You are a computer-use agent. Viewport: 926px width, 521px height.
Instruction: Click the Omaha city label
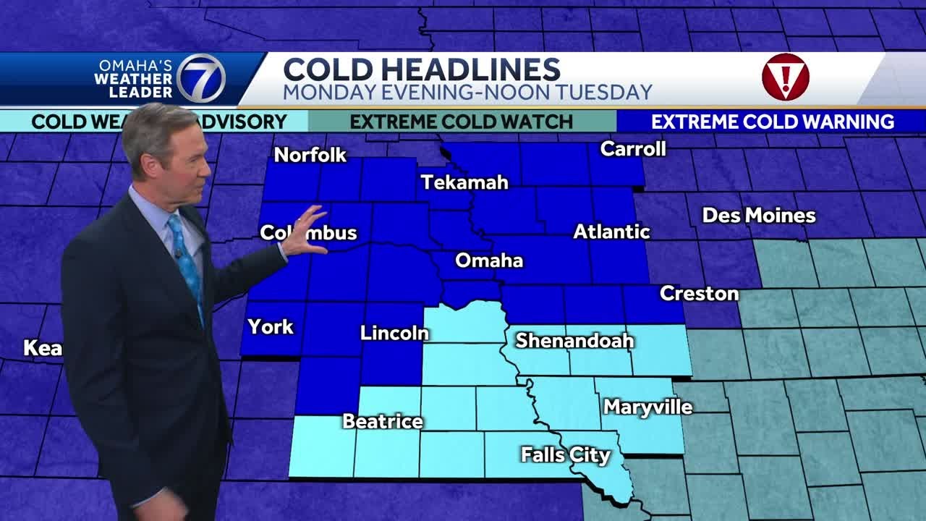coord(488,260)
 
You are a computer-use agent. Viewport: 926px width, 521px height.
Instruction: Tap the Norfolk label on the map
coord(310,155)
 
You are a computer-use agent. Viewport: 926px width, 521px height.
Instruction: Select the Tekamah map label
coord(464,182)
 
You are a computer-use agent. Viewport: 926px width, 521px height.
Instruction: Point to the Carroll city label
coord(633,149)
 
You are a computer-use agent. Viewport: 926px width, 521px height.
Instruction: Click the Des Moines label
coord(759,216)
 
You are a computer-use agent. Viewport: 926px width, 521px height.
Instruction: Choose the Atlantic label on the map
coord(611,232)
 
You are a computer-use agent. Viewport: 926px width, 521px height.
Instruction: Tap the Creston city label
coord(699,294)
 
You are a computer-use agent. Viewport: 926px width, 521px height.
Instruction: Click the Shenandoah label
coord(574,341)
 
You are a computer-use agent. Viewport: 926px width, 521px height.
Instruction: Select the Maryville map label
coord(648,407)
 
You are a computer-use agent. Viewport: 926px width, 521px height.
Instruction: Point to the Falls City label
coord(566,455)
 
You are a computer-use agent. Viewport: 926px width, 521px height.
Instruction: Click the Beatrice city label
coord(383,421)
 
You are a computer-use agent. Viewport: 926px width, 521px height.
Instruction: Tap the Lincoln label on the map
coord(394,334)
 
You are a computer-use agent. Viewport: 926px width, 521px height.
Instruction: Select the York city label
coord(271,327)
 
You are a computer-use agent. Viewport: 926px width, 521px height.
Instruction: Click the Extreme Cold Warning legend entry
coord(773,122)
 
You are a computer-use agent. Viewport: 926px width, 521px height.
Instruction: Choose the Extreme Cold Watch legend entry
coord(462,122)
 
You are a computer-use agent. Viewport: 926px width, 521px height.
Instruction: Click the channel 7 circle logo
coord(201,78)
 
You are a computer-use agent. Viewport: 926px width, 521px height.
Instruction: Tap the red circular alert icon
coord(785,77)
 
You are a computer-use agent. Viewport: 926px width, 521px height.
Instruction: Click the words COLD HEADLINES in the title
coord(421,70)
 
